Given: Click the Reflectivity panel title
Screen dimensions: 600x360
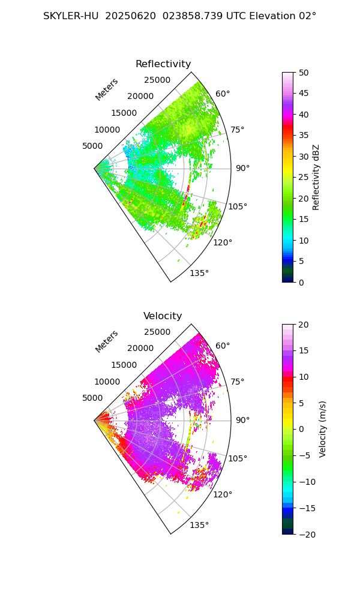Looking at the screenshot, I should coord(163,64).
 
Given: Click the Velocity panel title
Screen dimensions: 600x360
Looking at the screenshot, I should coord(163,316).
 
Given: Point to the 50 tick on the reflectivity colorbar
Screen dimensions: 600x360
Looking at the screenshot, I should coord(304,73).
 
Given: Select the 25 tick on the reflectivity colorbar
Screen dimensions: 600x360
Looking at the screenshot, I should coord(304,178).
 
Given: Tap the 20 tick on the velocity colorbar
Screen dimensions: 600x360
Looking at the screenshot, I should coord(304,325).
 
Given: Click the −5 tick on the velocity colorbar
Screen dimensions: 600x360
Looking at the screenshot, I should coord(306,455).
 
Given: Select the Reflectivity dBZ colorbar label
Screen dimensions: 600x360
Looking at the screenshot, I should coord(316,177).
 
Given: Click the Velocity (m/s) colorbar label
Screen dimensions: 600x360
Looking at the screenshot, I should coord(322,429).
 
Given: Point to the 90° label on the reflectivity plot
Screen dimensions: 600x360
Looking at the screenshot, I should coord(242,168).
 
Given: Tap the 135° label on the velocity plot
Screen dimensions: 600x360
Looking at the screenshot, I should coord(199,525).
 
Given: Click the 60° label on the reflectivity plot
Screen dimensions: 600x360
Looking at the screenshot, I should coord(223,94).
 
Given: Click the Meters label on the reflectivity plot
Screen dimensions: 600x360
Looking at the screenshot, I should coord(106,89).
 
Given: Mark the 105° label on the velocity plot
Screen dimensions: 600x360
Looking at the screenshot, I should coord(238,458).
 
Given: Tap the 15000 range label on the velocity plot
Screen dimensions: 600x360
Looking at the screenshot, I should coord(124,365).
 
